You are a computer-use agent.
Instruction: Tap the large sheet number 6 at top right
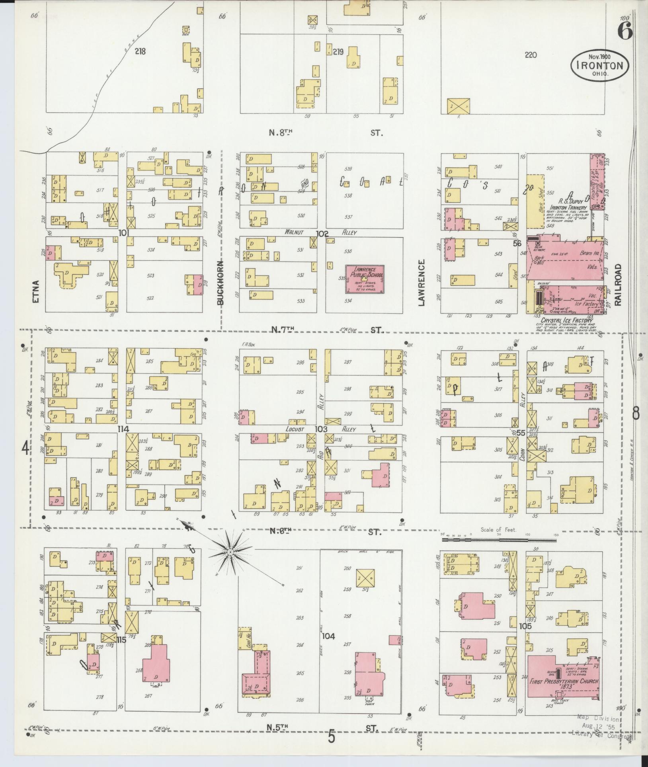(625, 31)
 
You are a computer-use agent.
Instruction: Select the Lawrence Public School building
(365, 279)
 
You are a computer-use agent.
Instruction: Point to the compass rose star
(230, 553)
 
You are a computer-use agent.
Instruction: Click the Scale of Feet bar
(499, 541)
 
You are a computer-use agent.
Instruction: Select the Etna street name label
(36, 291)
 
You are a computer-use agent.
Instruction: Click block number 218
(140, 51)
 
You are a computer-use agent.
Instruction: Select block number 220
(531, 55)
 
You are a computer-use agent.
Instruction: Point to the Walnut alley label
(294, 232)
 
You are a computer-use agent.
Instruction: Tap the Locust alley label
(295, 429)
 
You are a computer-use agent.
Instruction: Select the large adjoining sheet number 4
(25, 449)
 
